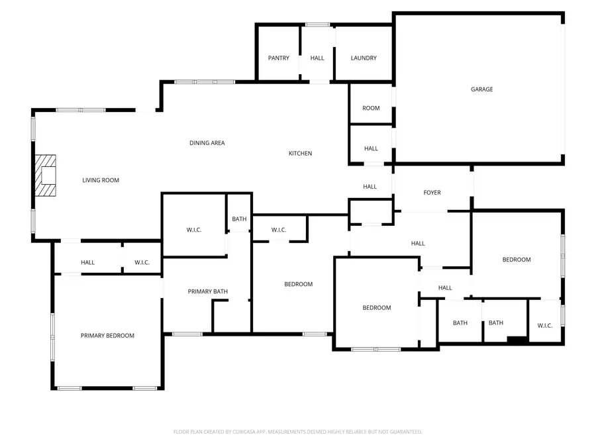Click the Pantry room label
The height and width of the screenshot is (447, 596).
tap(278, 58)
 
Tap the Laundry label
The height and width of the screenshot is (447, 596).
tap(364, 58)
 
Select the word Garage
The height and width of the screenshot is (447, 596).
tap(481, 89)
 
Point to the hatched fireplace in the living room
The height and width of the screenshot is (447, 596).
tap(46, 175)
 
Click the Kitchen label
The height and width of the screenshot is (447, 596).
tap(300, 154)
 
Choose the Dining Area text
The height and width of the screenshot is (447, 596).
tap(207, 143)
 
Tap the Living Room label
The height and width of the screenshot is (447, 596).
tap(101, 180)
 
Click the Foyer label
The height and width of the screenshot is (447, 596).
tap(432, 193)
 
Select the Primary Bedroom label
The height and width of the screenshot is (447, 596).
tap(107, 336)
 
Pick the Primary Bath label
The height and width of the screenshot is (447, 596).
tap(208, 292)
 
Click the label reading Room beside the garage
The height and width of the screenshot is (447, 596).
tap(371, 108)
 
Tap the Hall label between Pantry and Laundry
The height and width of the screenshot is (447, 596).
tap(317, 58)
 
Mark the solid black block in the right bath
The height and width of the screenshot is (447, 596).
tap(517, 340)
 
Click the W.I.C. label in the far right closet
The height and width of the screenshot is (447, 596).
tap(545, 326)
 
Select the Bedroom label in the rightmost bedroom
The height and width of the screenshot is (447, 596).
tap(517, 260)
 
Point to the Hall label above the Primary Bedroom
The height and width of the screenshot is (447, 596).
tap(87, 263)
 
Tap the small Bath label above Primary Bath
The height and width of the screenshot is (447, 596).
tap(239, 219)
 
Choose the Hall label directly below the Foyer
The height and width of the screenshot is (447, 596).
tap(418, 244)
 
